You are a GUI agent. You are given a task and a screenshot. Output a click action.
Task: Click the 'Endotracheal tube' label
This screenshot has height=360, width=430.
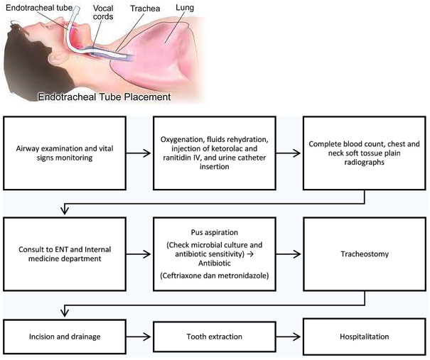39,8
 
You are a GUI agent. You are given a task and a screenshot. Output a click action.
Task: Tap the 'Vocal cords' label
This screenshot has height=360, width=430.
103,12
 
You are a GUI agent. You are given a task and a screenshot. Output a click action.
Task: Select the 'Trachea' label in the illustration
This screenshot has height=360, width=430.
145,9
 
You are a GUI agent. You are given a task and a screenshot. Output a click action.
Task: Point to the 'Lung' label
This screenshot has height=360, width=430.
185,8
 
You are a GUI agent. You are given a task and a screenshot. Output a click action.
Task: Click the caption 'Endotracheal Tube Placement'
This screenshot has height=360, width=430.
104,97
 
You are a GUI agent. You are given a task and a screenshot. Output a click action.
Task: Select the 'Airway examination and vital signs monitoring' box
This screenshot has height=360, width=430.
65,153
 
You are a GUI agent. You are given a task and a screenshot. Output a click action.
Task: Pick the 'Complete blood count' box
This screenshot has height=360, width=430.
365,153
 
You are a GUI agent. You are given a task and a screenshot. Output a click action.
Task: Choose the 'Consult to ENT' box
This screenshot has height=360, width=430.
65,254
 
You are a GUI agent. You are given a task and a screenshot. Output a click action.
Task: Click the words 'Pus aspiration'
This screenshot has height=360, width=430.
215,232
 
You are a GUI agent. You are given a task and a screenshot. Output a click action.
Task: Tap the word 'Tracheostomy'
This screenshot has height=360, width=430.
365,254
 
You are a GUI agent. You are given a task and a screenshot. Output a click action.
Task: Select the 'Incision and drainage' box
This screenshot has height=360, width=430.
65,337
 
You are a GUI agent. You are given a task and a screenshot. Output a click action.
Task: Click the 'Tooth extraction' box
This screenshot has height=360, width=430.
215,337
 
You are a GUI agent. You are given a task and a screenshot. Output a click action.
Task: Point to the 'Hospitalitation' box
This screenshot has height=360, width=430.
365,337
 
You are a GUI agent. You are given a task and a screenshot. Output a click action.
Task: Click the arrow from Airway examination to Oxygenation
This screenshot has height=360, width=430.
139,153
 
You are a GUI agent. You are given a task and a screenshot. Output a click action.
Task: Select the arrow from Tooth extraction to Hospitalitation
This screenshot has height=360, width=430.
289,337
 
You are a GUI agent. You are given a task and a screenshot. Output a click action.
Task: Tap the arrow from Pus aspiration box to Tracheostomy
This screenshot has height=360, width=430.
289,254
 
